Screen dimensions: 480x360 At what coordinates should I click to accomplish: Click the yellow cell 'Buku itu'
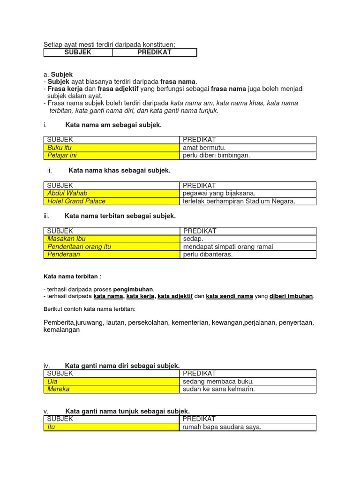click(112, 148)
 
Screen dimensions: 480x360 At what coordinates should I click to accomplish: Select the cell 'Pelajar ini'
click(112, 156)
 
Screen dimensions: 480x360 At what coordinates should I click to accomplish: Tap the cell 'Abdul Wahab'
click(112, 193)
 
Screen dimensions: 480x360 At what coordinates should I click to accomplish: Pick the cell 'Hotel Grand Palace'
click(112, 201)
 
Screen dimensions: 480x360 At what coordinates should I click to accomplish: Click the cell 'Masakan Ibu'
click(112, 239)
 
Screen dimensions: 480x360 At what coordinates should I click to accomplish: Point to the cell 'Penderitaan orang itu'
click(112, 247)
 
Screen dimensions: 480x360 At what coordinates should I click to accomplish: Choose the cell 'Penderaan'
click(112, 255)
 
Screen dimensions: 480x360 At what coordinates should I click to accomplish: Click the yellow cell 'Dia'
click(112, 381)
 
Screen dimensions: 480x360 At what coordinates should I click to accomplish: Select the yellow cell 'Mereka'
click(112, 389)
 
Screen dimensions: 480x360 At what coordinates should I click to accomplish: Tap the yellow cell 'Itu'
click(112, 427)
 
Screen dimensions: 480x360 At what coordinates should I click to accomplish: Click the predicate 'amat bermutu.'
click(204, 148)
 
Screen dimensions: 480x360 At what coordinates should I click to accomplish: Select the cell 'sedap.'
click(193, 239)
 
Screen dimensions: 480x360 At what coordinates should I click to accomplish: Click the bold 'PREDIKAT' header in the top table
click(154, 52)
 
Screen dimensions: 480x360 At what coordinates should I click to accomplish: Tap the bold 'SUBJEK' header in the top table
click(78, 52)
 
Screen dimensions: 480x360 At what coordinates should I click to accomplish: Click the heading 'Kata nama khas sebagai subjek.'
click(120, 171)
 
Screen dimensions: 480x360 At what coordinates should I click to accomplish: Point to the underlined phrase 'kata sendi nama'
click(230, 296)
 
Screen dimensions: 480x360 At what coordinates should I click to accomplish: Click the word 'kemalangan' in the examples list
click(61, 330)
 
